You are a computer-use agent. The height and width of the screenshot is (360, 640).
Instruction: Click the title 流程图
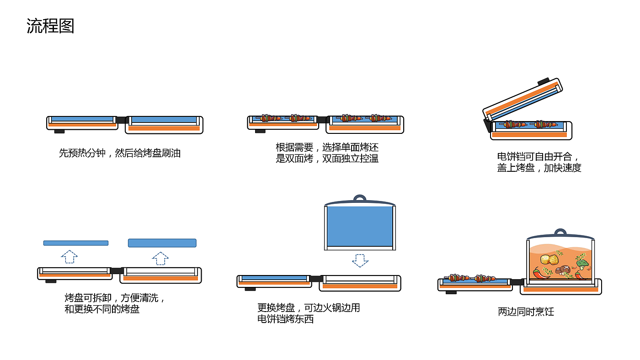(x=50, y=26)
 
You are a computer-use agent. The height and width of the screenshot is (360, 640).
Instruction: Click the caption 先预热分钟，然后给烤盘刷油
(x=120, y=154)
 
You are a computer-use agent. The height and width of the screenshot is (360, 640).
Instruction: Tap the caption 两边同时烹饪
(x=526, y=312)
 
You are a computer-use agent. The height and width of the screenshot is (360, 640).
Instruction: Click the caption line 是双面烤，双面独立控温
(x=327, y=159)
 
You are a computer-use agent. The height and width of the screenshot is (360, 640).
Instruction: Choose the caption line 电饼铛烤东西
(x=285, y=319)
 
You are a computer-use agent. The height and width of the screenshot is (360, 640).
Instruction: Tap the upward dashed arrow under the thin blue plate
(x=69, y=257)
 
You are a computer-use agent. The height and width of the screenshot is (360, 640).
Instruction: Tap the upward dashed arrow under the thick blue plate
(x=160, y=259)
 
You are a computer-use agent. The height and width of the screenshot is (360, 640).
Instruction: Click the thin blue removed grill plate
(x=76, y=243)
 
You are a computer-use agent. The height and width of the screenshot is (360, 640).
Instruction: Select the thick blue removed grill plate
(x=162, y=243)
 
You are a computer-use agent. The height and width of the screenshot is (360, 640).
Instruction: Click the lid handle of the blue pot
(x=360, y=198)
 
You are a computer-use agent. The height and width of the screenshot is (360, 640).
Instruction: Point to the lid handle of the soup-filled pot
(x=560, y=232)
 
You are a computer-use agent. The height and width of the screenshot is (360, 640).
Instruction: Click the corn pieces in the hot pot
(x=549, y=259)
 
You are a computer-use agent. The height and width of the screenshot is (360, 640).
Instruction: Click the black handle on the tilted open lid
(x=544, y=81)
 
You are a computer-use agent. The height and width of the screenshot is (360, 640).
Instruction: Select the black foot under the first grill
(x=59, y=132)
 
